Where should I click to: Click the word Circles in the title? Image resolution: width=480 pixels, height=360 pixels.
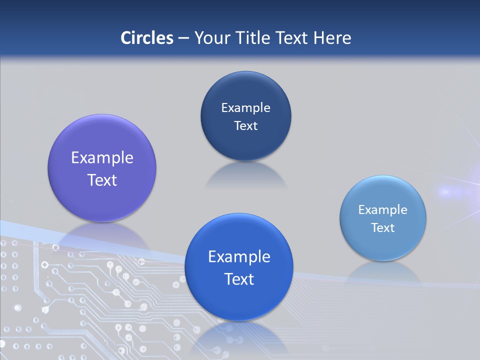[147, 38]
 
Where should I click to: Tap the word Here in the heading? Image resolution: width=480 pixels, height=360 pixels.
[332, 38]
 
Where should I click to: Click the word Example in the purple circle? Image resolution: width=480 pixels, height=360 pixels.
[102, 158]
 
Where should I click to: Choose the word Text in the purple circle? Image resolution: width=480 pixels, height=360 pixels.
[102, 180]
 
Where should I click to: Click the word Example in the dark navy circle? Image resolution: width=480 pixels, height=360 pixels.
[245, 108]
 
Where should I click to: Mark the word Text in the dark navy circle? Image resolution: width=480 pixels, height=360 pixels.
[245, 126]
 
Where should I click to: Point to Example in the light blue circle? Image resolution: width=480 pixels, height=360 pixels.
[383, 210]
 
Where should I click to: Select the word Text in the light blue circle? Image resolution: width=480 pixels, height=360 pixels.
[383, 228]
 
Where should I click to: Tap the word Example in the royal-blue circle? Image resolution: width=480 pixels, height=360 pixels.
[239, 257]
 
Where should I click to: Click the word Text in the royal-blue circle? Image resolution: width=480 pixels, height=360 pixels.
[239, 279]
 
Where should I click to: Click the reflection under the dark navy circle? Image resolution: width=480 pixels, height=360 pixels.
[245, 175]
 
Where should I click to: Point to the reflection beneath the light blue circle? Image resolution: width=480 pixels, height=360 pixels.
[383, 272]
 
